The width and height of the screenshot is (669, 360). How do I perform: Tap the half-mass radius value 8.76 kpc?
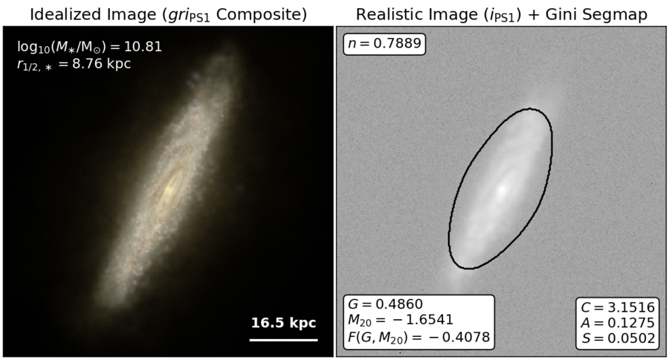(102, 64)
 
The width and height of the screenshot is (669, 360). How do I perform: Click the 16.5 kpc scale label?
(283, 323)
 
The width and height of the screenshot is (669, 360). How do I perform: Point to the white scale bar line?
(284, 340)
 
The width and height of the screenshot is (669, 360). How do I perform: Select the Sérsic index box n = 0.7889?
(384, 44)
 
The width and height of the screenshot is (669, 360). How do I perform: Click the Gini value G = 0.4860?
(385, 304)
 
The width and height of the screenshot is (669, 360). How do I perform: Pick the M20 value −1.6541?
(401, 320)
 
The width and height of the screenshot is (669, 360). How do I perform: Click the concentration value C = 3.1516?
(618, 307)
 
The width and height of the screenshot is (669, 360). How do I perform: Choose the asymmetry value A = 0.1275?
(618, 323)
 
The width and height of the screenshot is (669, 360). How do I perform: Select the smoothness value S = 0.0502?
(618, 338)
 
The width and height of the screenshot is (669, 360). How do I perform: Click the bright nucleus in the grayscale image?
(502, 189)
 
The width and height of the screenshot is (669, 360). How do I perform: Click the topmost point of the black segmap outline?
(529, 109)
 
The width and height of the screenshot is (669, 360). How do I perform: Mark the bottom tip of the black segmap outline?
(468, 269)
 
